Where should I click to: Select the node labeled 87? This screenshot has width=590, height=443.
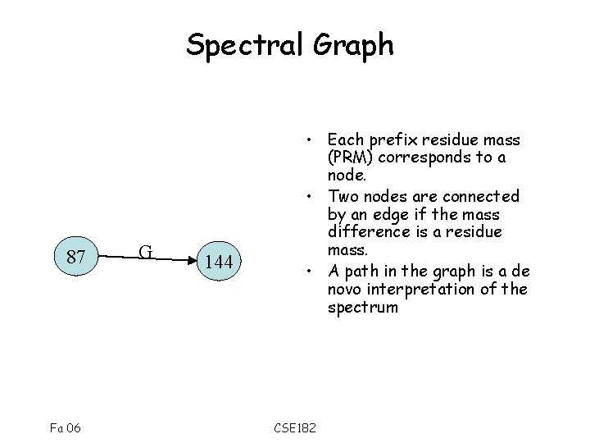point(76,258)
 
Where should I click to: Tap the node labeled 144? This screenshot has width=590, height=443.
point(220,263)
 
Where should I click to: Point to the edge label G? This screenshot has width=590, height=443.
point(144,251)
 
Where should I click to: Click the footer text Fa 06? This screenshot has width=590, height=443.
point(66,427)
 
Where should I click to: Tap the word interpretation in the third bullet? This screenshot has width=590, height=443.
point(431,290)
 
